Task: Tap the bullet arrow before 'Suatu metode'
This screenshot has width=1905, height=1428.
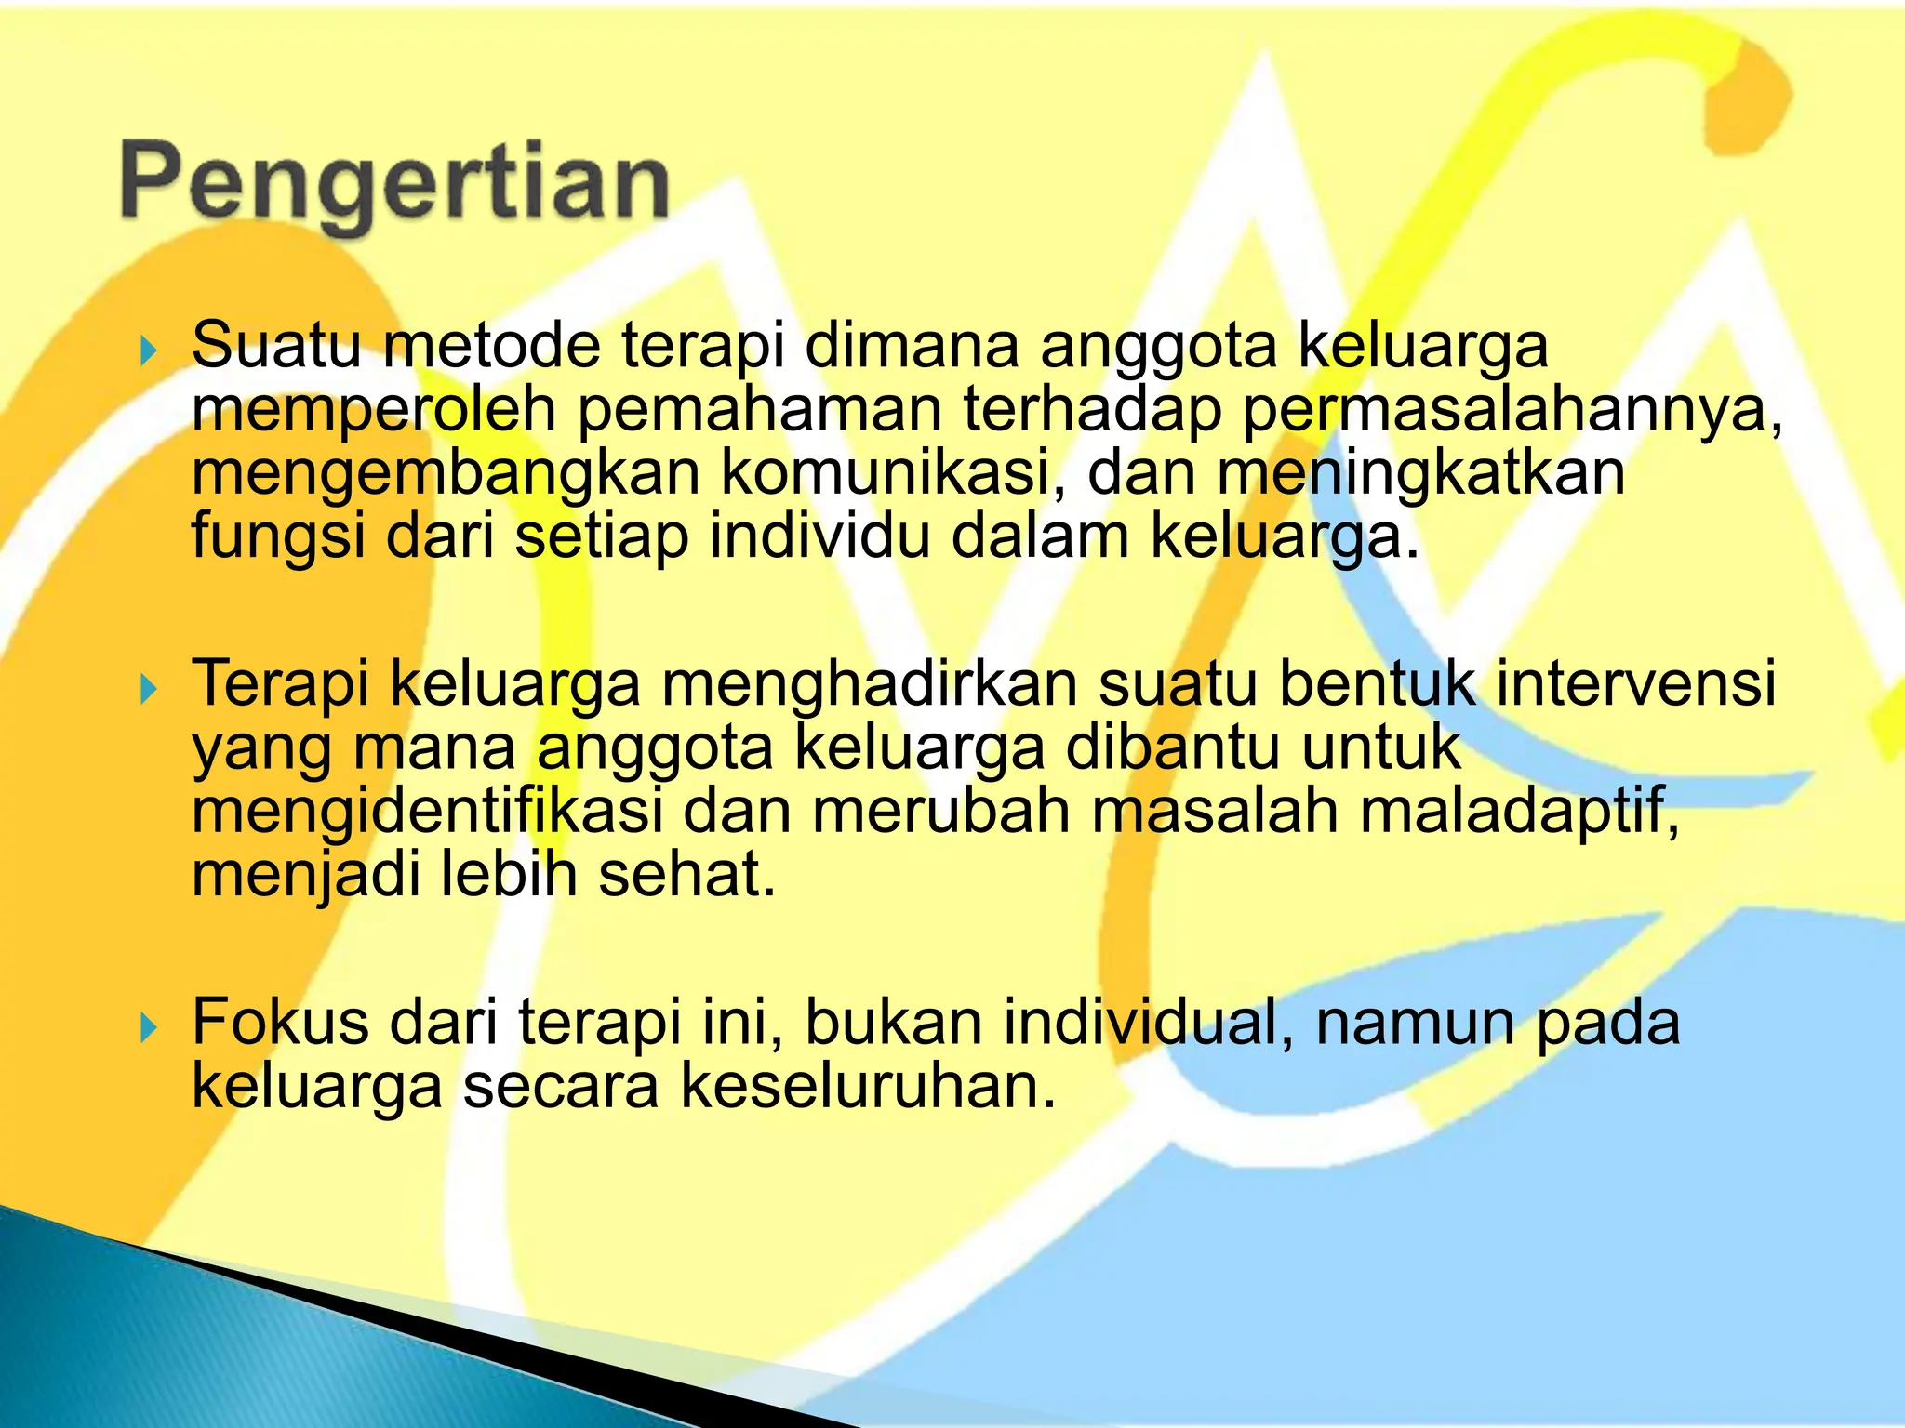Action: [x=148, y=351]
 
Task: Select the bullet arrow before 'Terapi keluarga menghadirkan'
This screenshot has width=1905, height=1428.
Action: [x=148, y=690]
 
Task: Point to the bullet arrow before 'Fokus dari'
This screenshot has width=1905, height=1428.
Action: [x=148, y=1028]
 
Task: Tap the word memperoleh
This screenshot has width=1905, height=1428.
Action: [x=373, y=411]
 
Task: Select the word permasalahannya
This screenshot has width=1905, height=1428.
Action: [x=1512, y=411]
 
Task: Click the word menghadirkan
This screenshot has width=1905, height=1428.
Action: [x=869, y=684]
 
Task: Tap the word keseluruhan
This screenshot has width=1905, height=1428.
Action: [x=869, y=1086]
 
